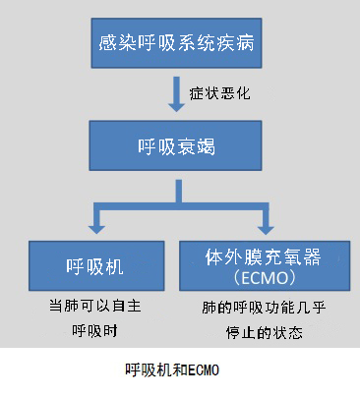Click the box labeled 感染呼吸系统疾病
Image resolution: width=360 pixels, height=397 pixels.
tap(176, 44)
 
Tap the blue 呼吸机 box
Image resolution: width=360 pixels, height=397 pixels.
tap(93, 265)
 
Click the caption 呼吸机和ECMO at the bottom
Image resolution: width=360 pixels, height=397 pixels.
tap(176, 370)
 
